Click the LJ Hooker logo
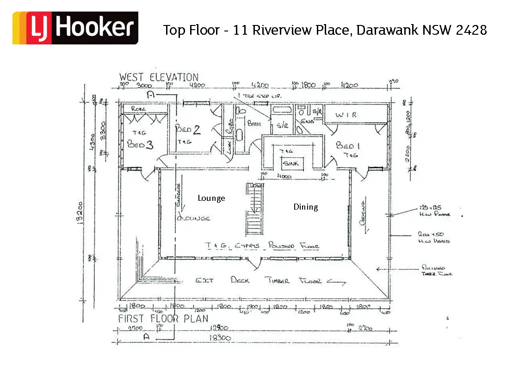(75, 28)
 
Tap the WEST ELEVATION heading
(159, 77)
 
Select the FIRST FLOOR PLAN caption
(163, 318)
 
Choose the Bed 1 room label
(348, 146)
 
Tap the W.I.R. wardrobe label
(346, 115)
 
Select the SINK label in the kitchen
(291, 163)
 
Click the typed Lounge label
(211, 198)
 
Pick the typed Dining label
(306, 207)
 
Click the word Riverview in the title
(288, 30)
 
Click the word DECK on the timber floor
(240, 280)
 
